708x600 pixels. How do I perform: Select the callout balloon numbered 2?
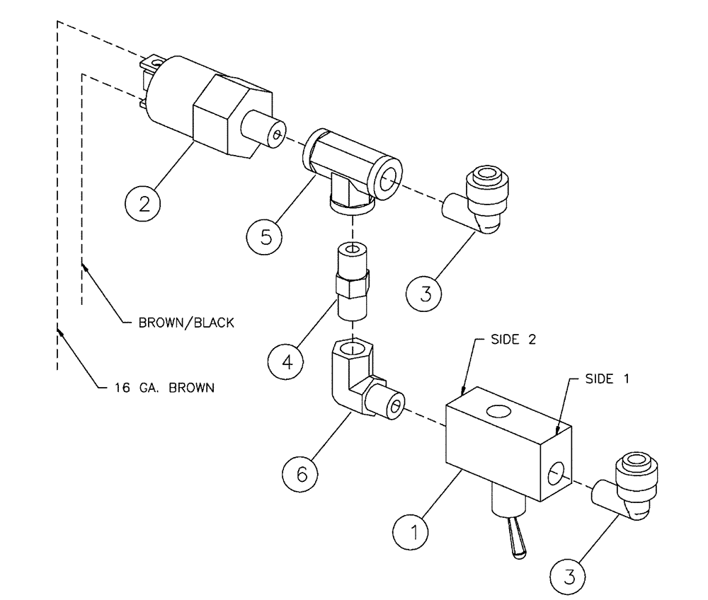144,204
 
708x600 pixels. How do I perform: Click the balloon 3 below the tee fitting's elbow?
426,292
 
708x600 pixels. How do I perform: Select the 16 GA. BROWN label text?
162,387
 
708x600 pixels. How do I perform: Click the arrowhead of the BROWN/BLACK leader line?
85,267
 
